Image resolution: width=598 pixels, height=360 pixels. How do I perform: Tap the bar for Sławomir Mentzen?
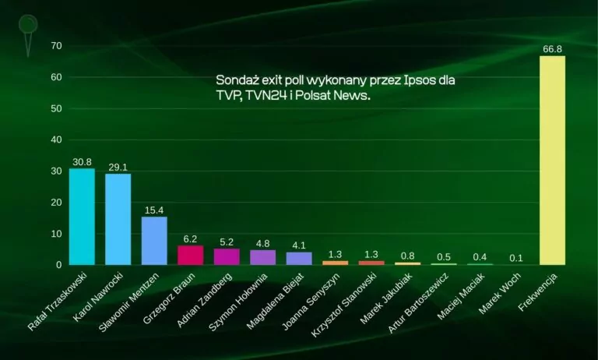pos(154,241)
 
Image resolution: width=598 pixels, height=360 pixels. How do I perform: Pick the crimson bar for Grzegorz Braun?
pos(190,255)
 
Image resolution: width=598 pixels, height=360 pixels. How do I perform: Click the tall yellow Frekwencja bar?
pos(552,161)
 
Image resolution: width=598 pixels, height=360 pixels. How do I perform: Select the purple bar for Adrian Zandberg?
pos(227,256)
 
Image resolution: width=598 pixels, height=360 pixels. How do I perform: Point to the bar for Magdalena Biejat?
pos(299,258)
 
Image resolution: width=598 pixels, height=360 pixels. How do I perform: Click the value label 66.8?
pos(552,49)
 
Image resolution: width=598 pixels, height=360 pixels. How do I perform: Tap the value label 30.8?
pos(82,162)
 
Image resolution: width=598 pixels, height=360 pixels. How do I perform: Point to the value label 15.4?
pos(154,210)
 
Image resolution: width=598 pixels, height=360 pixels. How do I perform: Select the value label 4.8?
pos(262,244)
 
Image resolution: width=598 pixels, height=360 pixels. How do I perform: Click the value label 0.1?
pos(516,258)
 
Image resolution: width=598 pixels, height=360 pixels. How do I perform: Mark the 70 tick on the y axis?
pos(33,46)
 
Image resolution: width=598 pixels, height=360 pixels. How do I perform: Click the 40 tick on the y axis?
pos(33,140)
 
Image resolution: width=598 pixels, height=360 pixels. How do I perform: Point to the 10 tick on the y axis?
pos(33,234)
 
